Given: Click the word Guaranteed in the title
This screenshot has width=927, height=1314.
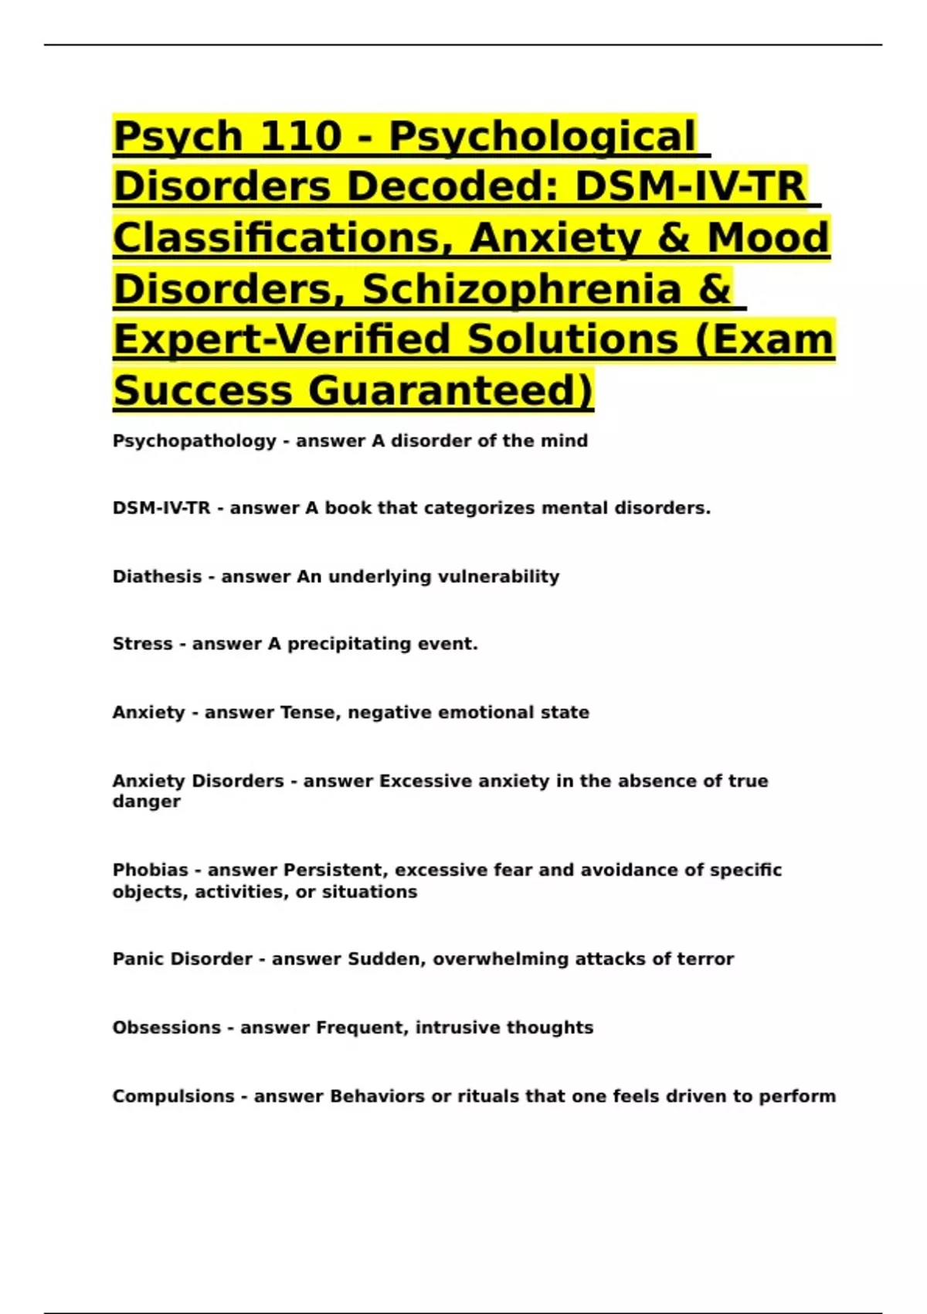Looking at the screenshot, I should coord(451,390).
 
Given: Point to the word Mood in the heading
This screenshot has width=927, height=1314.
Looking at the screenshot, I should coord(769,238).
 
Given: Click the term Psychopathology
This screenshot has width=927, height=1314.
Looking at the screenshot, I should coord(194,441).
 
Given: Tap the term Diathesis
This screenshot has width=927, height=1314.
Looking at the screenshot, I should coord(157,577).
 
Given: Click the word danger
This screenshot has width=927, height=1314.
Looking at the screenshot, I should coord(146,802).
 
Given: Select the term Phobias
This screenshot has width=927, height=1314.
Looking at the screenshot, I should coord(150,870).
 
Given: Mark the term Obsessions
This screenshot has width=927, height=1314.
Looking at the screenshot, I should coord(166,1028).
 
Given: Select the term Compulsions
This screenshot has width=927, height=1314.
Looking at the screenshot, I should coord(173,1097).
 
